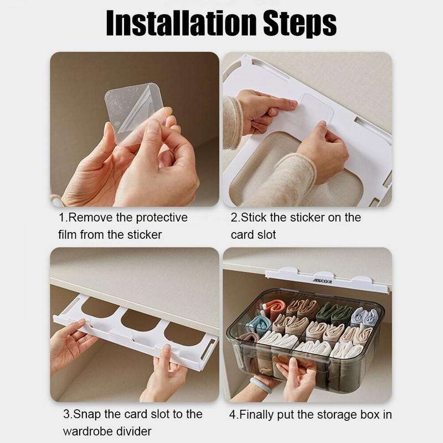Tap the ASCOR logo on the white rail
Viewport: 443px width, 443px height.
[322, 281]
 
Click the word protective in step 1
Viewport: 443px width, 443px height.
[162, 218]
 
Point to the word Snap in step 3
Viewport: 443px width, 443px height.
[87, 414]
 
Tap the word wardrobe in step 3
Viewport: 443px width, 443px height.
[91, 431]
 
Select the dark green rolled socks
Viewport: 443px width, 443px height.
[334, 312]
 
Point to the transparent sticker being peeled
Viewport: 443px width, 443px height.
[134, 113]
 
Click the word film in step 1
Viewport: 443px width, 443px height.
[68, 234]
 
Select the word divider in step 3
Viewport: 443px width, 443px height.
[137, 431]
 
